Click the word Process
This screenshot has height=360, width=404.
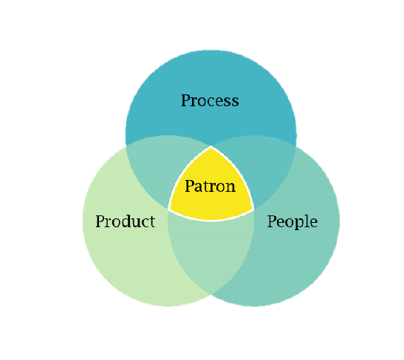[210, 100]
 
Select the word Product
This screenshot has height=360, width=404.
[126, 221]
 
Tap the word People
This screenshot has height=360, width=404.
[292, 221]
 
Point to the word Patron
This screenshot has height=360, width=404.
[210, 186]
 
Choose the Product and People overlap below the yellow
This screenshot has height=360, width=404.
[210, 247]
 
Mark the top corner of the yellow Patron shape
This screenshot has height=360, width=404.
[211, 147]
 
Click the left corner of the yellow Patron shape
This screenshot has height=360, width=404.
[168, 210]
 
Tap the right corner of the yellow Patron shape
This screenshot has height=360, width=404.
[253, 210]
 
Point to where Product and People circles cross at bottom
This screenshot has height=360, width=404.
[211, 294]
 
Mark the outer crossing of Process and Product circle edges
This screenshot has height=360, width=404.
[126, 146]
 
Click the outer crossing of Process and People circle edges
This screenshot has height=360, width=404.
[295, 146]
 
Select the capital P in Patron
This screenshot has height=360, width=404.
[190, 186]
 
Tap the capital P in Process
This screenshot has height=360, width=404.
[185, 100]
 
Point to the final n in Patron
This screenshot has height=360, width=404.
[230, 187]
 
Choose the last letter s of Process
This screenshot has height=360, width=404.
[235, 102]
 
